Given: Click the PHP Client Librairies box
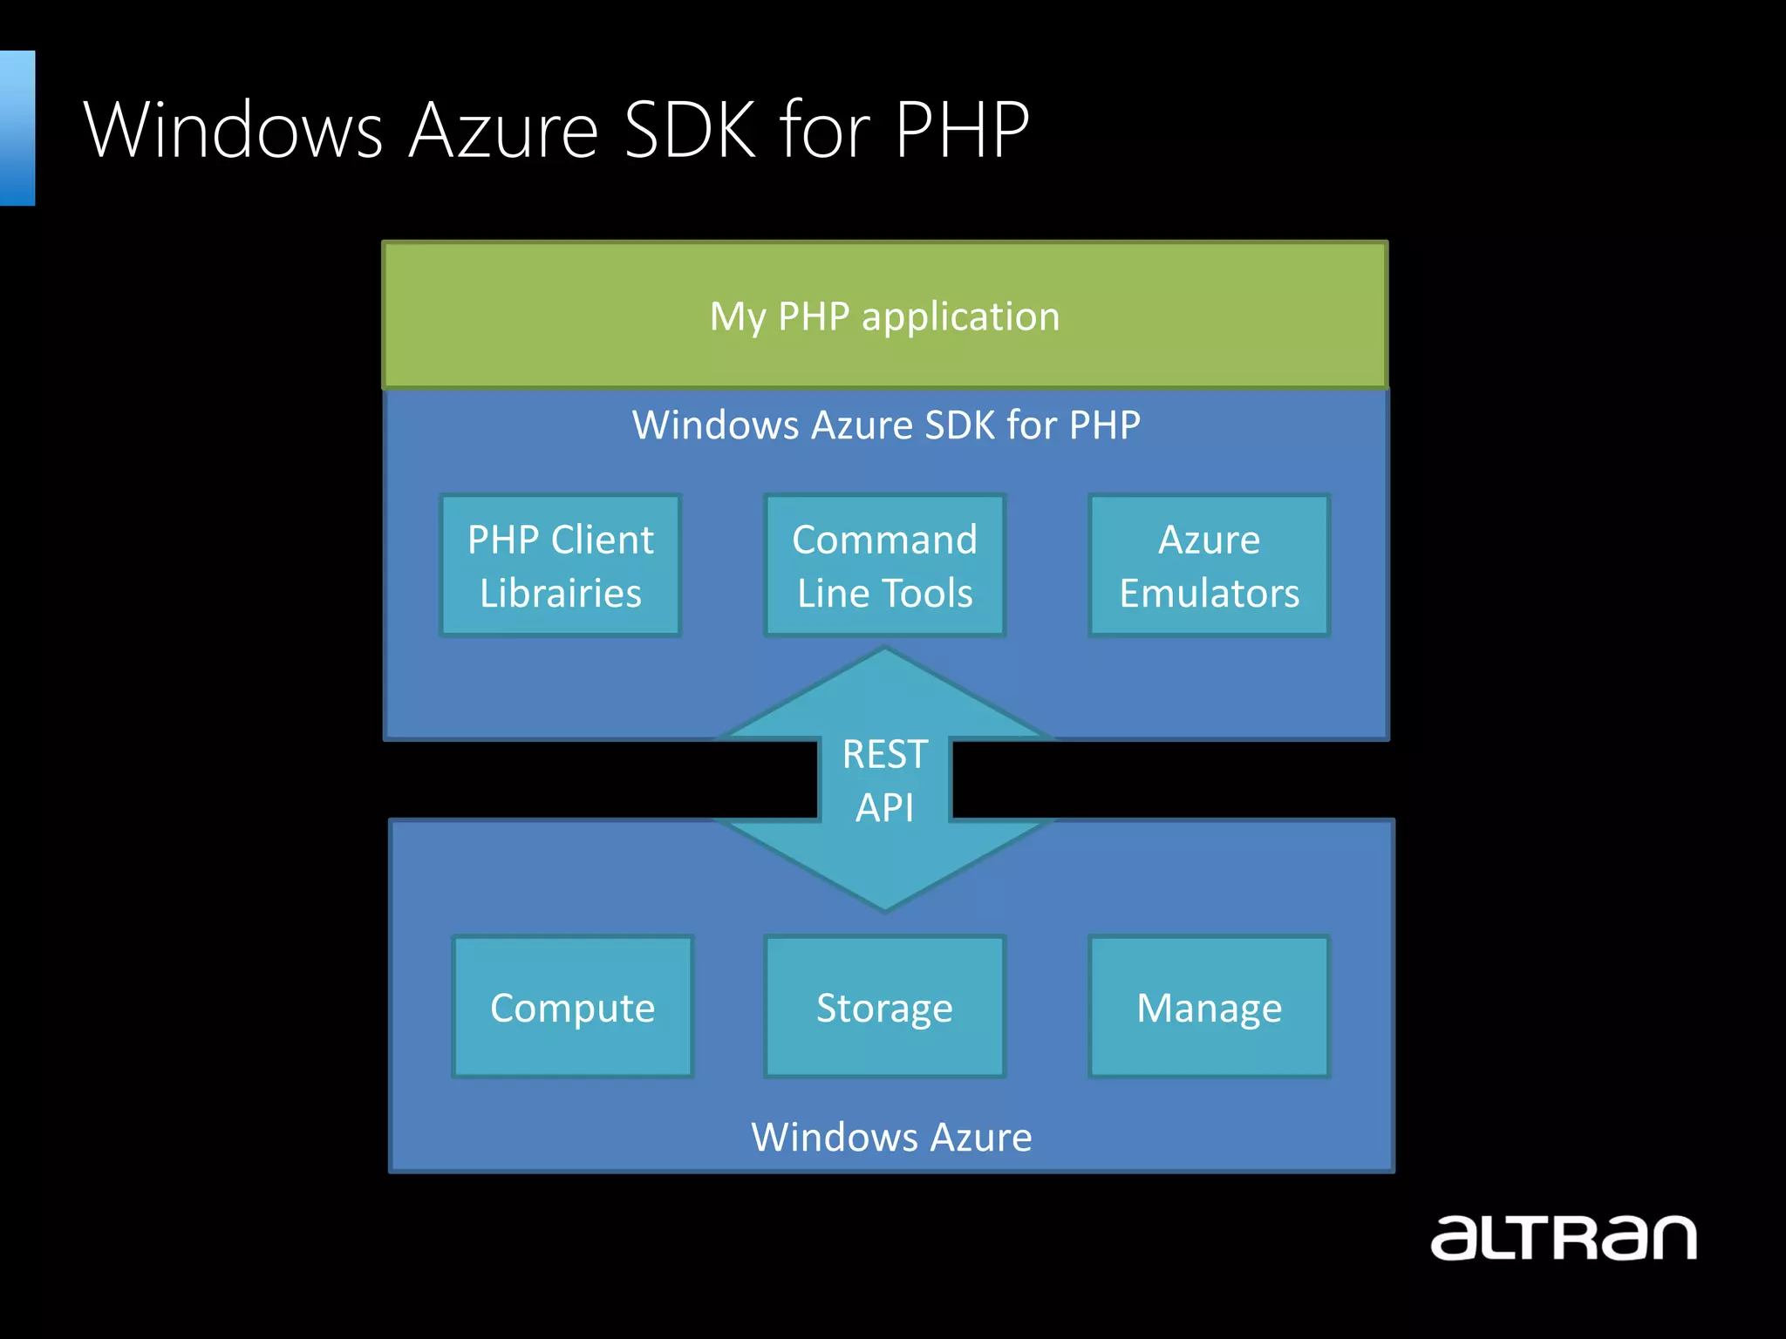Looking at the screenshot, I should (560, 566).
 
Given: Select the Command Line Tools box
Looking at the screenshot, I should (884, 566).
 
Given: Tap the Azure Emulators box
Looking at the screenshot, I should (1209, 566).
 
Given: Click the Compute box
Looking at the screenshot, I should (572, 1007).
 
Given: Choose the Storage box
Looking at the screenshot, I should (884, 1007).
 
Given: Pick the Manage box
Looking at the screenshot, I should (1209, 1007).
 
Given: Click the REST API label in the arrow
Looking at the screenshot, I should (884, 780).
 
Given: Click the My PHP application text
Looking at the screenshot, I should (884, 316).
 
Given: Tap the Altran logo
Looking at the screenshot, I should (1563, 1237).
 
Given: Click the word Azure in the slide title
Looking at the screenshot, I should (503, 130).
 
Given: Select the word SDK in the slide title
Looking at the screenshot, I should (690, 130).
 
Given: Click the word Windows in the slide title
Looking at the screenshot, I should (234, 130).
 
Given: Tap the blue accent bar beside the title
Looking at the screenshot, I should (17, 128).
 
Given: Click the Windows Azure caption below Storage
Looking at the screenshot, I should (891, 1137).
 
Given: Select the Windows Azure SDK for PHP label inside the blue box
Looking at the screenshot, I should (886, 425).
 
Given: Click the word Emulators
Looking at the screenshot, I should (1209, 594).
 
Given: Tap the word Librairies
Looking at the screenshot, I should (560, 594).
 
